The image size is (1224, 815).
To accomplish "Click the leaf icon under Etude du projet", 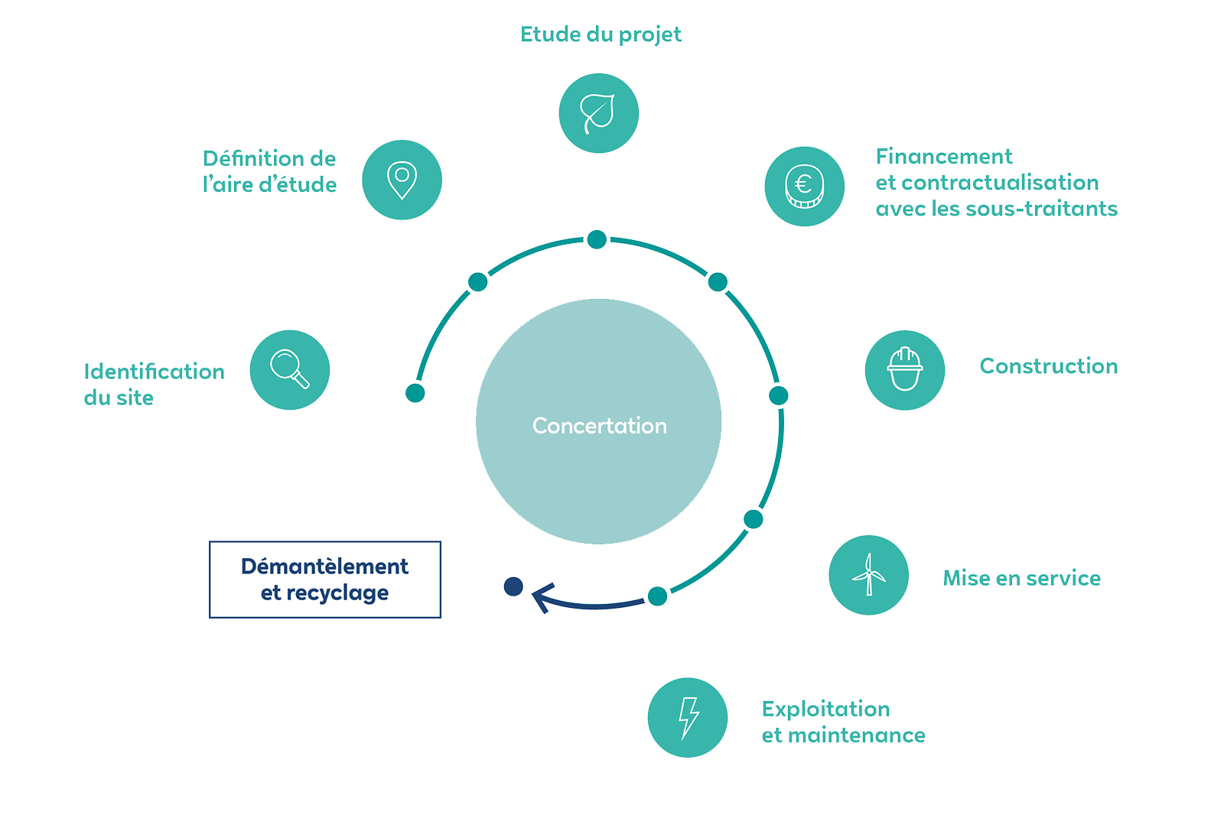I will [x=598, y=113].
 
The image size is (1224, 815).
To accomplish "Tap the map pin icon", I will [x=402, y=180].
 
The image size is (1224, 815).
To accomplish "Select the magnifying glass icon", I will [x=289, y=369].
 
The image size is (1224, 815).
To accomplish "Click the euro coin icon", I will [x=804, y=187].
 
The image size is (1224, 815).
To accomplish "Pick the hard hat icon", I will [x=905, y=370].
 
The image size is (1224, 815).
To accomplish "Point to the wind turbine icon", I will [x=868, y=575].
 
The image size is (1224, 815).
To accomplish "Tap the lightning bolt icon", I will [x=688, y=717].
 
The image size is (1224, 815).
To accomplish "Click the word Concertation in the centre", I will [x=599, y=426].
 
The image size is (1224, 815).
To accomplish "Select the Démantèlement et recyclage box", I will [x=325, y=580].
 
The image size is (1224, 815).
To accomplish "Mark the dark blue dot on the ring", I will [x=513, y=586].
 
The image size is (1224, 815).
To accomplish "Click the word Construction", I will [x=1048, y=366].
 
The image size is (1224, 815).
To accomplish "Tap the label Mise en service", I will [x=1021, y=578].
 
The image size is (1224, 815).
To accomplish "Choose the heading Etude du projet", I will [x=601, y=34].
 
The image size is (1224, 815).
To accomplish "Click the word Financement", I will [x=943, y=157].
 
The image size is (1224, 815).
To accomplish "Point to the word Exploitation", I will [x=825, y=709].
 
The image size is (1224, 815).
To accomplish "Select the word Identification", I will [x=154, y=372].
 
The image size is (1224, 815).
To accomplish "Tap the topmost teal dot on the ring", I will [x=597, y=239].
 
